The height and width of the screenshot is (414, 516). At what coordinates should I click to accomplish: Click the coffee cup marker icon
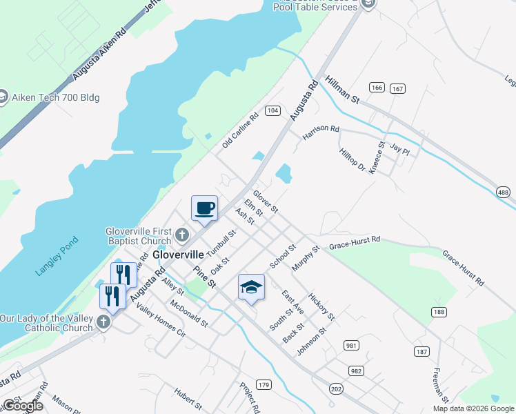pyautogui.click(x=204, y=208)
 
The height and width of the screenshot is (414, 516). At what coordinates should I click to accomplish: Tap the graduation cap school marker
pyautogui.click(x=251, y=286)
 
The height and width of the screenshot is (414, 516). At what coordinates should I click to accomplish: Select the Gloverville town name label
pyautogui.click(x=177, y=254)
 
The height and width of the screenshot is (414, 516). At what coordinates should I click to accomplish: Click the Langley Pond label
pyautogui.click(x=58, y=257)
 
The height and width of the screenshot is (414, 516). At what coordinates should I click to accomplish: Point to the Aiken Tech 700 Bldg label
pyautogui.click(x=56, y=97)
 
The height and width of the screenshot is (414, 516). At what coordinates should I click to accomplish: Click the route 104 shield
pyautogui.click(x=272, y=110)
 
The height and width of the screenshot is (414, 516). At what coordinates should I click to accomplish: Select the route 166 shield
pyautogui.click(x=377, y=88)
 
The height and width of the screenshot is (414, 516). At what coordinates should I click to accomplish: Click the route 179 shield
pyautogui.click(x=263, y=384)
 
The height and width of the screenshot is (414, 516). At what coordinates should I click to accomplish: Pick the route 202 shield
pyautogui.click(x=336, y=389)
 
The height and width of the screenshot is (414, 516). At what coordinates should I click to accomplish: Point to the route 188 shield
pyautogui.click(x=439, y=312)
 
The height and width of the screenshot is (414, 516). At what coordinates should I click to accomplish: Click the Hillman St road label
pyautogui.click(x=344, y=90)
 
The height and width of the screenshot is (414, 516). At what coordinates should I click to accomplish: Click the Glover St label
pyautogui.click(x=265, y=201)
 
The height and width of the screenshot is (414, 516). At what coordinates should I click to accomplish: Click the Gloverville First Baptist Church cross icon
pyautogui.click(x=182, y=235)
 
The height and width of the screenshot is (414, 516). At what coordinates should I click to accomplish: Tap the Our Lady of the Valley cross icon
pyautogui.click(x=103, y=322)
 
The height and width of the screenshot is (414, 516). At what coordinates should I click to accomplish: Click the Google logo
pyautogui.click(x=23, y=406)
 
